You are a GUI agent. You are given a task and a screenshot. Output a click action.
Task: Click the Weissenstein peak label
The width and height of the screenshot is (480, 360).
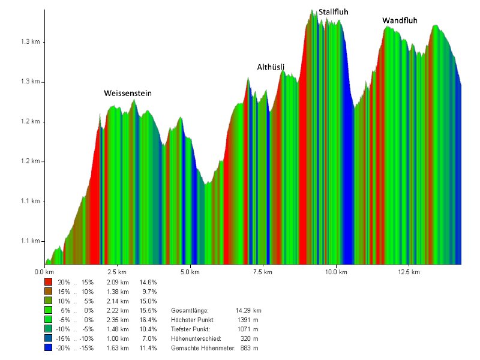[x=128, y=94]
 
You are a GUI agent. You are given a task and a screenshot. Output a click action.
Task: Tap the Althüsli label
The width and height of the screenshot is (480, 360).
[x=271, y=67]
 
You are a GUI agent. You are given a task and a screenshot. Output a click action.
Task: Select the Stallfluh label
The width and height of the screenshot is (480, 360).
[x=334, y=11]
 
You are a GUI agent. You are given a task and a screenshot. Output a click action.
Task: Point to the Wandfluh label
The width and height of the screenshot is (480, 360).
[x=400, y=21]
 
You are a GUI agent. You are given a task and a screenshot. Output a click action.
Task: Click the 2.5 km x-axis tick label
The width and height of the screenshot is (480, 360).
[x=118, y=272]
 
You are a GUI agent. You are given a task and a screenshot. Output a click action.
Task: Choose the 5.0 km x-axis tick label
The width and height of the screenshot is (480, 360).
[x=190, y=272]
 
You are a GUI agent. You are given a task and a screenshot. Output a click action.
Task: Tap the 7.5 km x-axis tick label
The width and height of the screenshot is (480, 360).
[x=263, y=272]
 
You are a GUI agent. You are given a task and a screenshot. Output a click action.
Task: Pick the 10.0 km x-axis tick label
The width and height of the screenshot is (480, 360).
[x=335, y=272]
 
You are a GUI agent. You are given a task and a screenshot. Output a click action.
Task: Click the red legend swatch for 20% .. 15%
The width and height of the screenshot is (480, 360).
[x=48, y=281]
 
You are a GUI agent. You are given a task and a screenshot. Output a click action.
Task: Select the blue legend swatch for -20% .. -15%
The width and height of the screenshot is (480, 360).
[x=48, y=349]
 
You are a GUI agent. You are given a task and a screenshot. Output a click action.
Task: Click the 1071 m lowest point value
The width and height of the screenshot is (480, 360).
[x=248, y=329]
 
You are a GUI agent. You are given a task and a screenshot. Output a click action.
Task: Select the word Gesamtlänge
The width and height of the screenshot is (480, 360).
[x=190, y=310]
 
